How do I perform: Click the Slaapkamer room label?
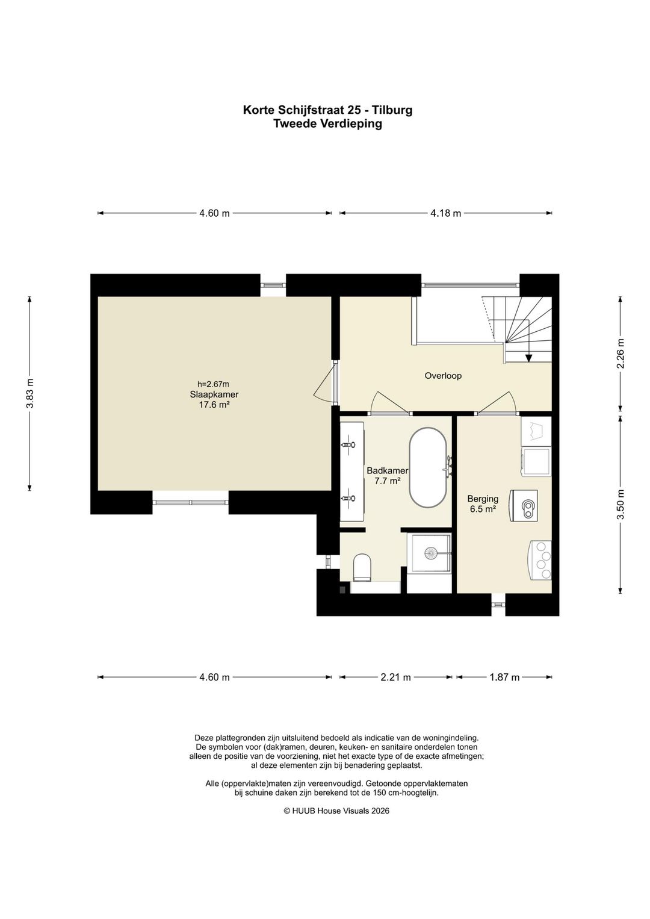coord(214,394)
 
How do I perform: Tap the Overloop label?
coord(443,376)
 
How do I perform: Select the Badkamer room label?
coord(387,470)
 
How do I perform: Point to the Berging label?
coord(483,499)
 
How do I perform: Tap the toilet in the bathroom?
coord(362,567)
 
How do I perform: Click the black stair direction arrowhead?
coord(528,358)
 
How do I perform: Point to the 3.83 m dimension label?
coord(30,393)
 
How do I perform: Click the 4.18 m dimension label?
coord(445,213)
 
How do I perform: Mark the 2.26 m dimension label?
coord(621,354)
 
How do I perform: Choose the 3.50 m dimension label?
coord(621,505)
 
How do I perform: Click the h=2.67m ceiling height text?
coord(213,384)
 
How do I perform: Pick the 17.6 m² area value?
coord(213,405)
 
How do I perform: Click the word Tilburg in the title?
coord(393,110)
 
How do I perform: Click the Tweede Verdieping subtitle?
coord(327,123)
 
